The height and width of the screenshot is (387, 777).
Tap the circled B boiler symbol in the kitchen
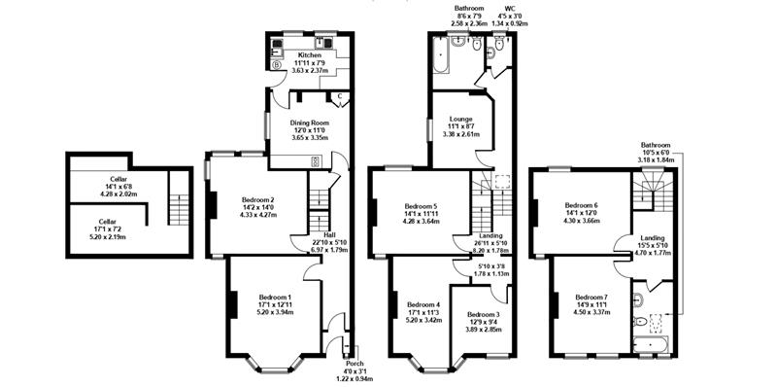[x=277, y=66]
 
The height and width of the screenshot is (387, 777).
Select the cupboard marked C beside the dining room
[x=340, y=96]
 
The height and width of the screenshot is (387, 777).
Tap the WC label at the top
[x=504, y=7]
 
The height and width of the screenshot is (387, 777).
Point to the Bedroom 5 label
[x=421, y=206]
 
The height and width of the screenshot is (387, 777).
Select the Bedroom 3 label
[x=482, y=315]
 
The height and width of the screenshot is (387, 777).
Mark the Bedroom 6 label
[x=582, y=206]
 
